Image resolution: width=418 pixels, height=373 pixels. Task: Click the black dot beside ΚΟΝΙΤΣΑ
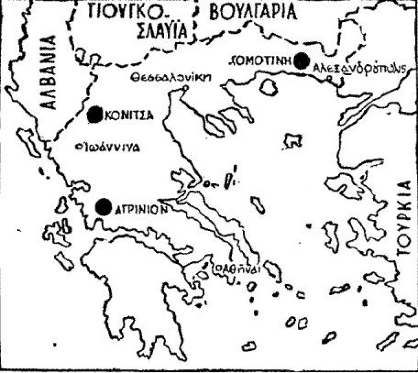(95, 115)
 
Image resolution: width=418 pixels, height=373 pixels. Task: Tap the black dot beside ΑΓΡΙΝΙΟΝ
(104, 207)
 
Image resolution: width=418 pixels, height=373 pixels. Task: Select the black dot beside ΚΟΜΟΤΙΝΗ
(301, 61)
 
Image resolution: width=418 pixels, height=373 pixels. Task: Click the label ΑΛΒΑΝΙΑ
(49, 72)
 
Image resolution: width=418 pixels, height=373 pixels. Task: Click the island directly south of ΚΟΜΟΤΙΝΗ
(268, 86)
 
